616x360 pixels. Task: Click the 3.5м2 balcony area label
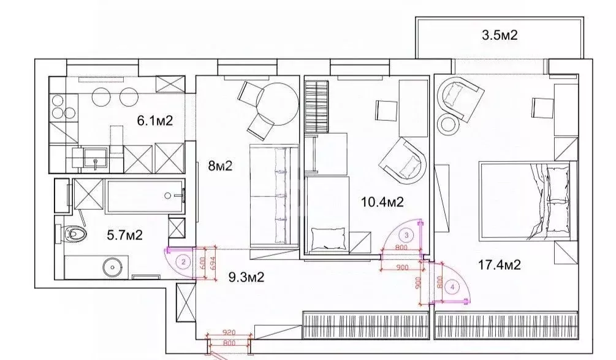[x=500, y=36]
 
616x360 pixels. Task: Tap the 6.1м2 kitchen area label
[x=154, y=121]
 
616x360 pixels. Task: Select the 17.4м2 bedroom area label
[x=500, y=265]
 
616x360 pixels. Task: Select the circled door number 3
[x=406, y=234]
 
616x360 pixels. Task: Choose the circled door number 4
[x=452, y=286]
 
